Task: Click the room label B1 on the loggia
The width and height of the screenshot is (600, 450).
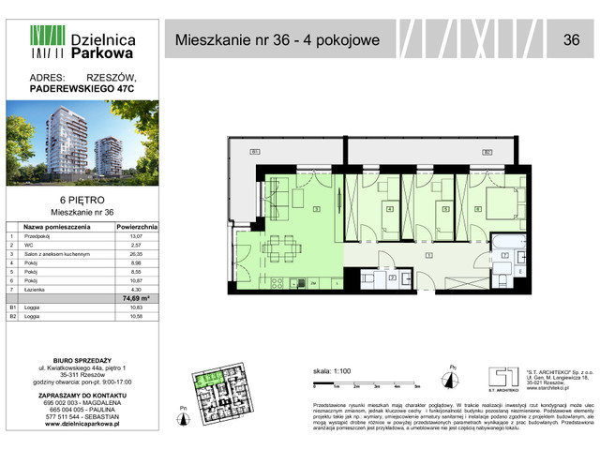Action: (254, 152)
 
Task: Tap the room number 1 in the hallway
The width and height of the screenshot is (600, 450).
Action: (428, 254)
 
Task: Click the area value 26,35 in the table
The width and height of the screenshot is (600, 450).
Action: (138, 254)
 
